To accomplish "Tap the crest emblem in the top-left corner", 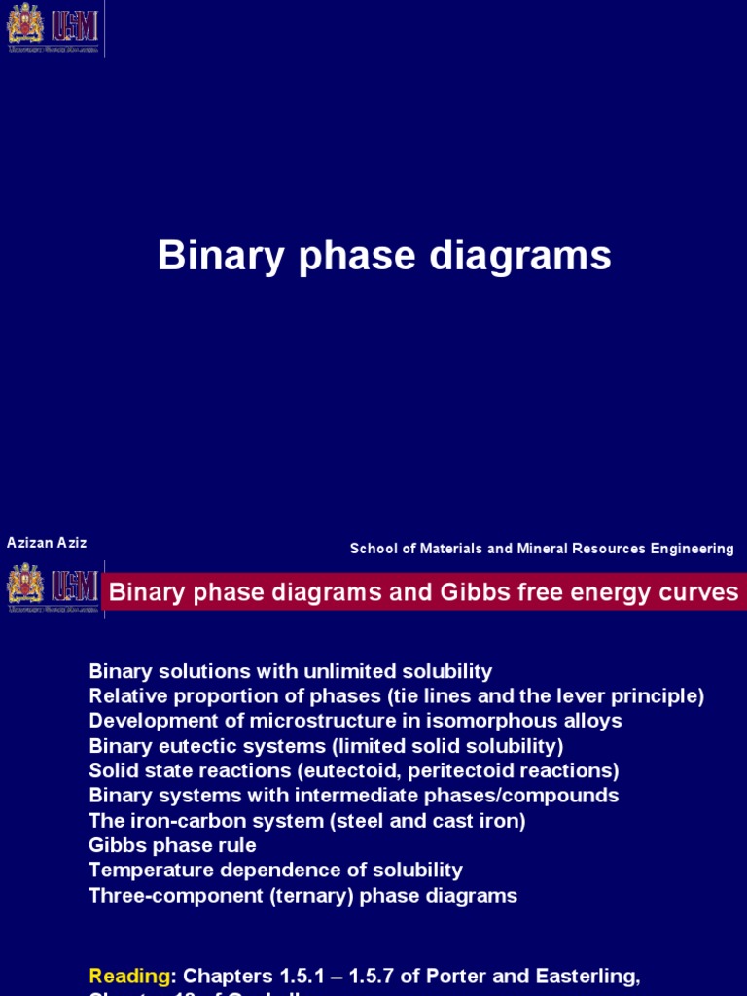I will [x=25, y=26].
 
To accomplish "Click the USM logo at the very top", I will [x=75, y=26].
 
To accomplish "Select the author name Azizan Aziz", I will [x=47, y=543].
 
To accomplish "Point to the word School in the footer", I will [x=374, y=549].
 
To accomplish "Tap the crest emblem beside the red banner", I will [x=25, y=587].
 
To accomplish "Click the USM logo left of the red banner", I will [x=75, y=587].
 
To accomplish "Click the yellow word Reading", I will [x=128, y=948].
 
